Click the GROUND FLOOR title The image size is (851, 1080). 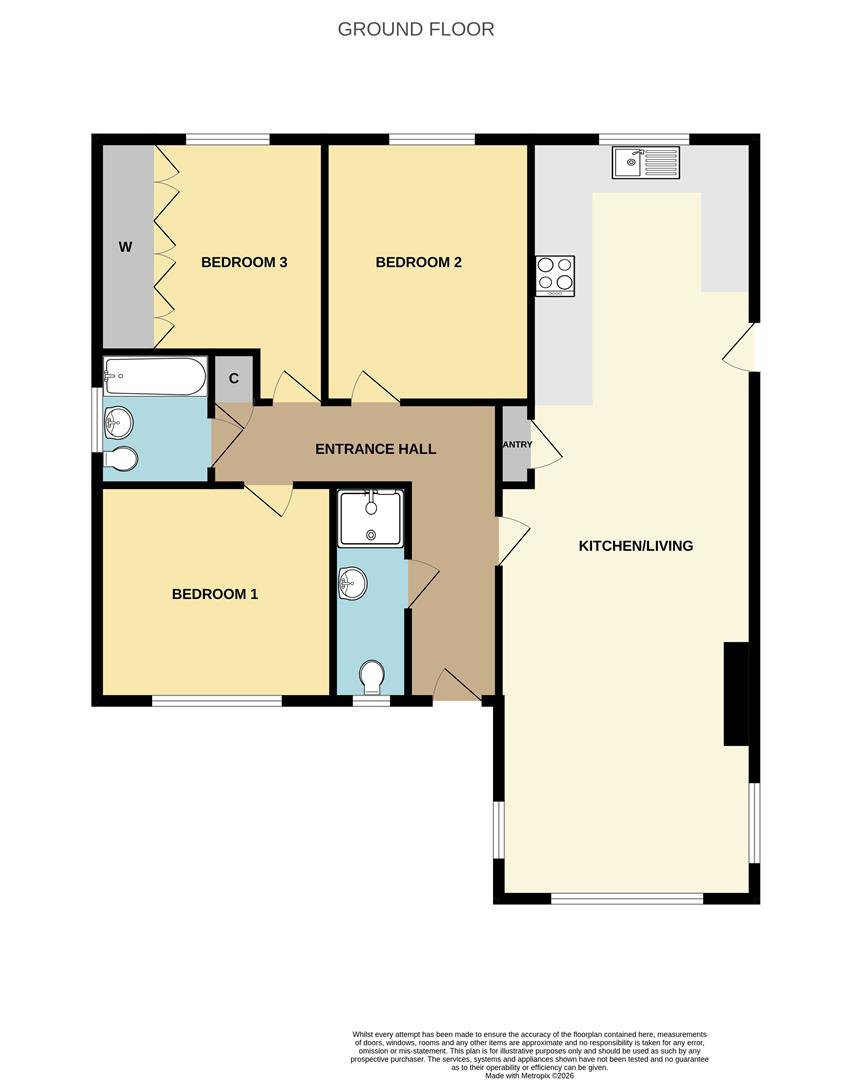[416, 29]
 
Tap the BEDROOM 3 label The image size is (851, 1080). [244, 263]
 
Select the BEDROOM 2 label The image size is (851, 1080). [418, 263]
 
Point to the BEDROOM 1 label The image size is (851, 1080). [215, 594]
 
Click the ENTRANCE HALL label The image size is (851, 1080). [375, 449]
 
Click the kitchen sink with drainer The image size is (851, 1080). [647, 162]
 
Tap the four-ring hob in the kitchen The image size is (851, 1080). [555, 276]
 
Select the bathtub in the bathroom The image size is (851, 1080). [155, 376]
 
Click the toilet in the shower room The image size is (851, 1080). [372, 677]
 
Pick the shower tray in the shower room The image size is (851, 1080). [371, 518]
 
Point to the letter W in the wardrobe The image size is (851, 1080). [126, 247]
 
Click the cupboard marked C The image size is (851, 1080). [233, 379]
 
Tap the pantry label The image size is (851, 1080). [515, 445]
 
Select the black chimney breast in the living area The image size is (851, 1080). [735, 694]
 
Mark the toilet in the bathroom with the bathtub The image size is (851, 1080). [122, 460]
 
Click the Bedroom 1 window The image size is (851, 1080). [216, 701]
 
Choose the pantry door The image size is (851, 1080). [545, 452]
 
